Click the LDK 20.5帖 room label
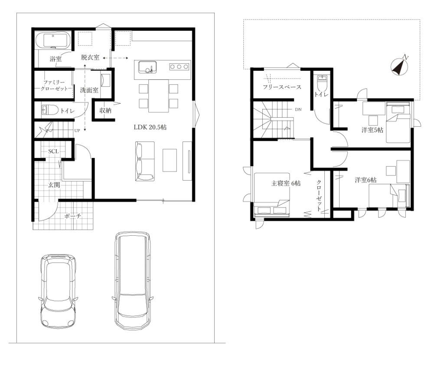click(x=150, y=127)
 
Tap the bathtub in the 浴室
click(x=53, y=40)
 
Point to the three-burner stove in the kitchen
click(x=179, y=66)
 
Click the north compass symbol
click(x=400, y=66)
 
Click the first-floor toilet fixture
click(x=50, y=110)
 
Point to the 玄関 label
click(x=54, y=185)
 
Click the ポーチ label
click(x=73, y=216)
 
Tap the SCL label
click(x=53, y=152)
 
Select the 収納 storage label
click(x=105, y=111)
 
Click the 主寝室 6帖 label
click(x=286, y=183)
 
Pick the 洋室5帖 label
click(x=372, y=130)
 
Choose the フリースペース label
click(x=282, y=87)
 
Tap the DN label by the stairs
click(x=298, y=109)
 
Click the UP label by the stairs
click(x=77, y=131)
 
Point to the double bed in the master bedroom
click(x=271, y=195)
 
